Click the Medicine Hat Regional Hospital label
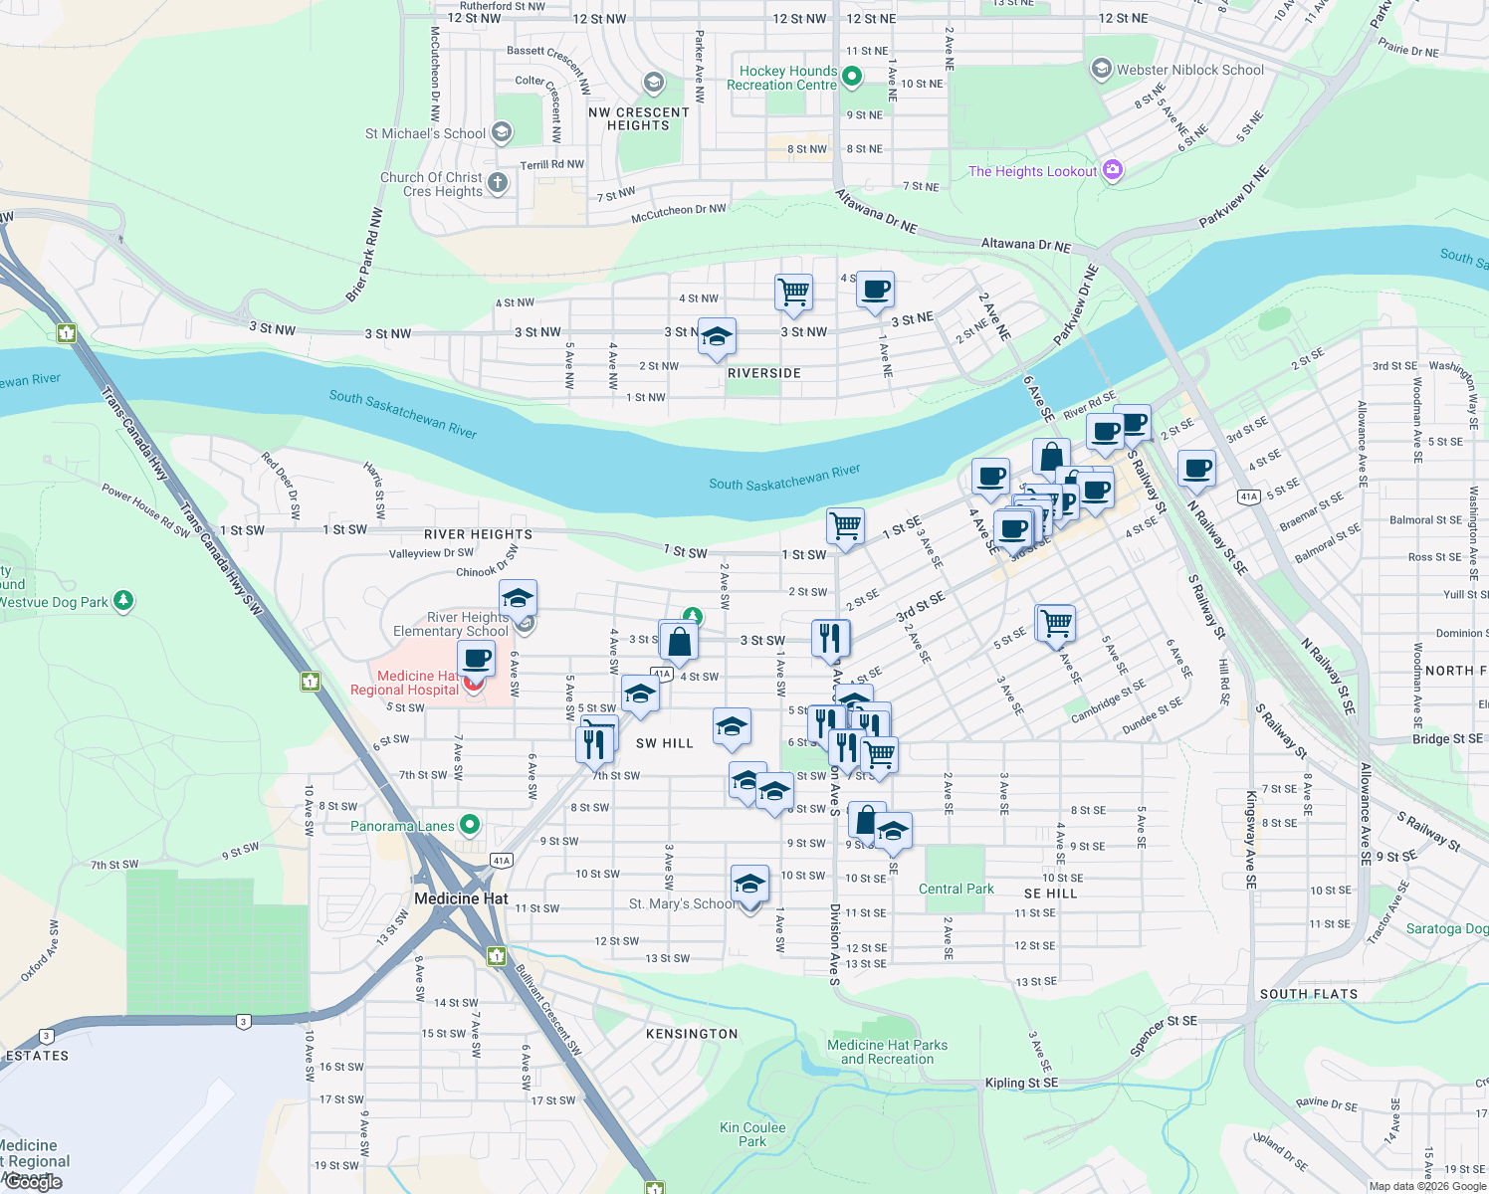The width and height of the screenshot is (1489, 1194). (405, 683)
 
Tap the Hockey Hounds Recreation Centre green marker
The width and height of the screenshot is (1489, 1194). (852, 76)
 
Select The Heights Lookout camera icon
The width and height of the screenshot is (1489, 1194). (1113, 170)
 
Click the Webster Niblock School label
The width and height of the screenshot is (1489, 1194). (1189, 70)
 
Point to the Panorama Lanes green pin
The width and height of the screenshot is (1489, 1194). (471, 825)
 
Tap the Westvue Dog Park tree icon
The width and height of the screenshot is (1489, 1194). (123, 601)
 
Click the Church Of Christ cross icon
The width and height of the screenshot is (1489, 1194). (498, 182)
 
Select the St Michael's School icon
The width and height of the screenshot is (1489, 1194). (502, 131)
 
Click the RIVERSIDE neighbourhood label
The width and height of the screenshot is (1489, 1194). (763, 373)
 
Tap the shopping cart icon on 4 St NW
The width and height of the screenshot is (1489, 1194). (793, 292)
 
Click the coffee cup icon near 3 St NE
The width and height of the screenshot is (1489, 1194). (875, 289)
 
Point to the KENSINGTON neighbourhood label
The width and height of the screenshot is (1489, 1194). (692, 1034)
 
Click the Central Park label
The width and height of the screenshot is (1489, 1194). (956, 889)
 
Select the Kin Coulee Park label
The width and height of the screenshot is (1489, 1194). (752, 1134)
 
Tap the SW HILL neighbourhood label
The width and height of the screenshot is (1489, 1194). (664, 743)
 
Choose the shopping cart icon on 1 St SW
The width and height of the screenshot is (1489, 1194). (845, 524)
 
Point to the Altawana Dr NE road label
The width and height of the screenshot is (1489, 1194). (1025, 244)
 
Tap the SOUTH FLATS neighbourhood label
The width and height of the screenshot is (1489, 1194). (1308, 994)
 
